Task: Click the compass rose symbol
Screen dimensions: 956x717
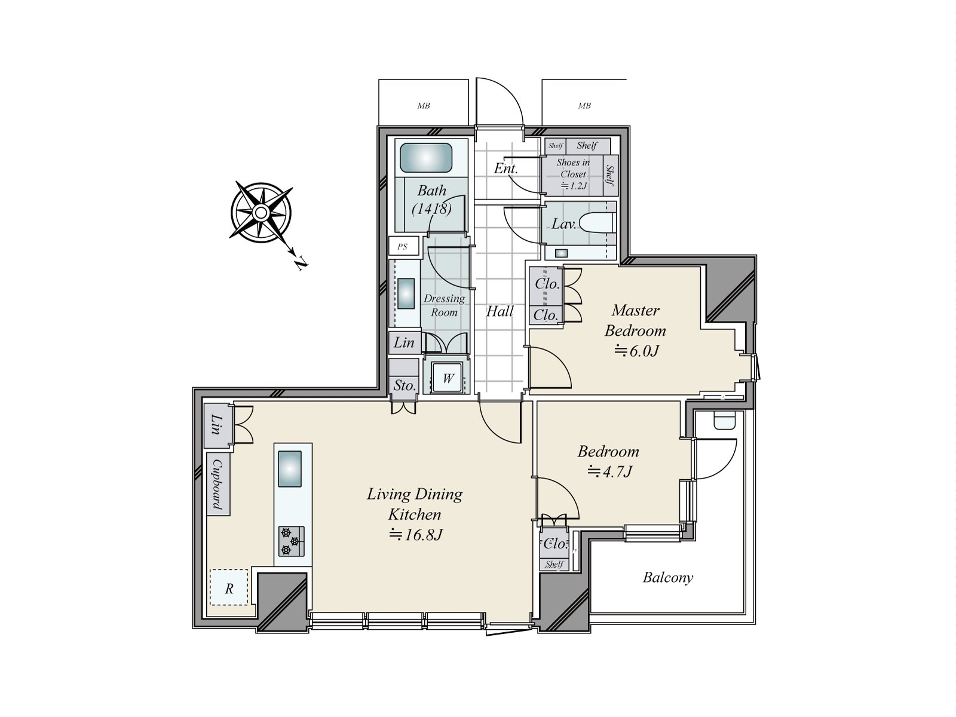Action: click(x=261, y=213)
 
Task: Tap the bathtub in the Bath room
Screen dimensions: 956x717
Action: click(x=426, y=158)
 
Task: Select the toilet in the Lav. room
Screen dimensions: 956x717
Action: click(x=597, y=223)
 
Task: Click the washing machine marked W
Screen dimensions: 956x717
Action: click(x=448, y=378)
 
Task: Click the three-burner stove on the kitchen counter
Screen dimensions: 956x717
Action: click(x=292, y=541)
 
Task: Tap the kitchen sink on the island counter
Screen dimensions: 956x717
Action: click(x=290, y=469)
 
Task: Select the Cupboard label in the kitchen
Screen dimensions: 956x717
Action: click(x=217, y=485)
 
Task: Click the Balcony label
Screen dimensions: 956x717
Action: click(x=667, y=577)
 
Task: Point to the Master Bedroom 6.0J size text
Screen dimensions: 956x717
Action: click(x=637, y=351)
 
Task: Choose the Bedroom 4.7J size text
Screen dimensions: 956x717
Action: click(x=609, y=471)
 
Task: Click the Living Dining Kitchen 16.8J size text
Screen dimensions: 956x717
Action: click(x=415, y=535)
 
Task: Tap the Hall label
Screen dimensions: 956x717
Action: click(x=500, y=311)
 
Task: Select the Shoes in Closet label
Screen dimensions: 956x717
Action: click(x=573, y=168)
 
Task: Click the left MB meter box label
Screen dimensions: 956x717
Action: click(x=424, y=105)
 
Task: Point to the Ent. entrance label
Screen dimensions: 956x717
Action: click(x=505, y=168)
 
